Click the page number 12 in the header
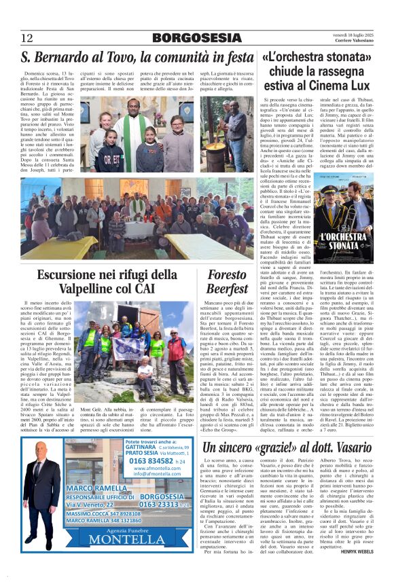coord(26,38)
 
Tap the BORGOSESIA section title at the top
coord(197,38)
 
